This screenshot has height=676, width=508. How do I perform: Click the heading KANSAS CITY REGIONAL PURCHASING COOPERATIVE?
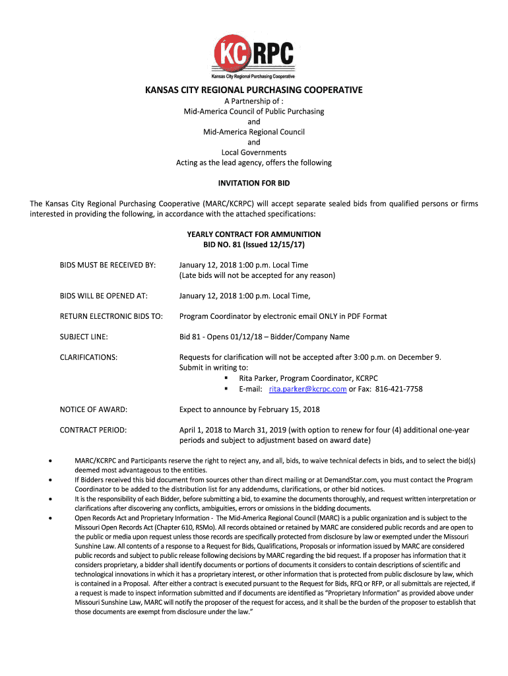pos(254,90)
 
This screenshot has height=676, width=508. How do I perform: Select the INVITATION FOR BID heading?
pos(254,183)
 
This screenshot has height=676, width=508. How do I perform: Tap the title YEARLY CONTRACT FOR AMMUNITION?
pos(254,234)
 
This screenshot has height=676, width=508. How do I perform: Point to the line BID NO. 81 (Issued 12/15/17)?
pos(254,244)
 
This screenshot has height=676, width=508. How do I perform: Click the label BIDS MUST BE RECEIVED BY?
pos(108,265)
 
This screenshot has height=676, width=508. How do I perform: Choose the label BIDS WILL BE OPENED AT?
pos(104,296)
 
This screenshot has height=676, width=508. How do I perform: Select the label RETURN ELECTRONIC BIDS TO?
pos(111,316)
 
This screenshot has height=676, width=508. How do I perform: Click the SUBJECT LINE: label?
pos(84,337)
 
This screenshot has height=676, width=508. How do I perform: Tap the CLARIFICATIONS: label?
pos(88,357)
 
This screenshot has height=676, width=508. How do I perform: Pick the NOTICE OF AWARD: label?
pos(93,409)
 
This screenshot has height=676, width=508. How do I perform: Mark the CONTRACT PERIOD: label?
pos(93,430)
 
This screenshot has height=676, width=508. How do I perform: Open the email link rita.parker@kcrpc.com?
pos(307,389)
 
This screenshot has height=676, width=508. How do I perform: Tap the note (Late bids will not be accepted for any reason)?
pos(257,275)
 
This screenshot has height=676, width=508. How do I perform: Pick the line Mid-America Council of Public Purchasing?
pos(254,112)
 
